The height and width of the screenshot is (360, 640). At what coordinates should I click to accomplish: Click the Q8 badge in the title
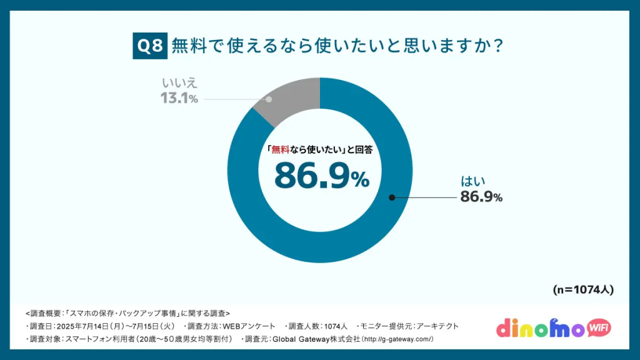coord(149,46)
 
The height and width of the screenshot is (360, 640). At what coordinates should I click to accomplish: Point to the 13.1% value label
coord(179,98)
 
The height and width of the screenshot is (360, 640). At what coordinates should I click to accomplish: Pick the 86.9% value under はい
coord(481,197)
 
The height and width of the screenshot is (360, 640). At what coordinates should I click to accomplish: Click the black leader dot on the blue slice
coord(392,197)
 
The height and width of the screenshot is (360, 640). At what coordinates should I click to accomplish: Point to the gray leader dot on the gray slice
coord(269,99)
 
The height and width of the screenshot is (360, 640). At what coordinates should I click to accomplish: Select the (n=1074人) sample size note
coord(583,290)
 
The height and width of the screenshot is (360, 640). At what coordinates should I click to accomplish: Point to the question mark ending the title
coord(498,46)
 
